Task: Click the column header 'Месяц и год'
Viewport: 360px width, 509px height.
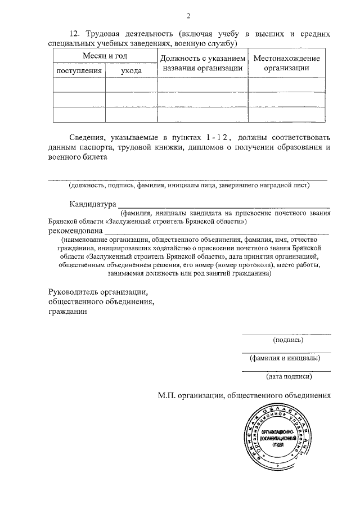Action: coord(105,57)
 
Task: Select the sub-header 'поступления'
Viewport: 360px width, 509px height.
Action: coord(79,71)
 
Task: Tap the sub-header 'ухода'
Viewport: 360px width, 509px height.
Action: coord(131,71)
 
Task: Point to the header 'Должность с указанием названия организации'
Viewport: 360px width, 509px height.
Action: coord(202,64)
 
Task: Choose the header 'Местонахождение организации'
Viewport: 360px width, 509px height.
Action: coord(287,64)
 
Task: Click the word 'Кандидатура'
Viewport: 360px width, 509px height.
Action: coord(93,204)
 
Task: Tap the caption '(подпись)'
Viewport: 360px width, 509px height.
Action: coord(288,340)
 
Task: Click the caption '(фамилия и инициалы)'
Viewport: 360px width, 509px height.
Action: coord(285,358)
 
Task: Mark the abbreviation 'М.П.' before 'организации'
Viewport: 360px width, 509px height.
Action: coord(168,395)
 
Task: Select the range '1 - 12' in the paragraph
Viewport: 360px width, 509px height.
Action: coord(218,137)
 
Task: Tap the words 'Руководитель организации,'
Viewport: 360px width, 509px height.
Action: coord(98,292)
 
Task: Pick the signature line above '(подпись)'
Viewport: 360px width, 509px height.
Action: coord(286,335)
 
